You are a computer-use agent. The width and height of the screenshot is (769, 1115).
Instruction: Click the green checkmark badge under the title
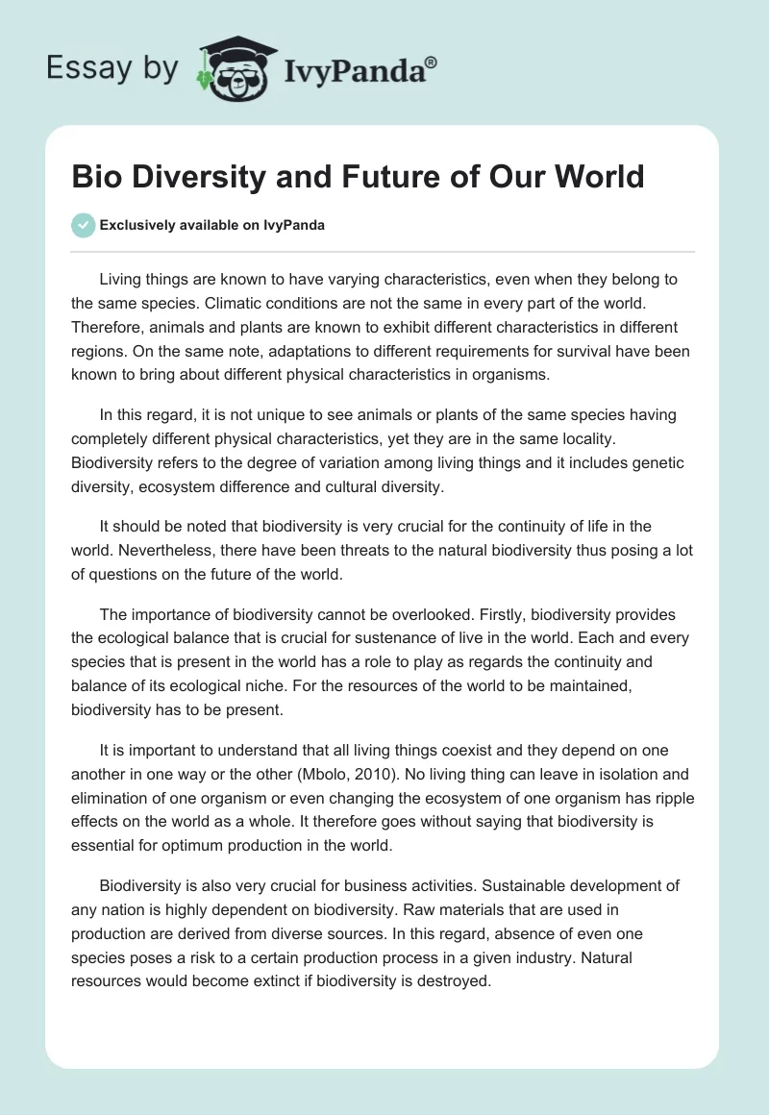pos(83,225)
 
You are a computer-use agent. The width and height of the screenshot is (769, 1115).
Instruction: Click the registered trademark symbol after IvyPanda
pos(431,62)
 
